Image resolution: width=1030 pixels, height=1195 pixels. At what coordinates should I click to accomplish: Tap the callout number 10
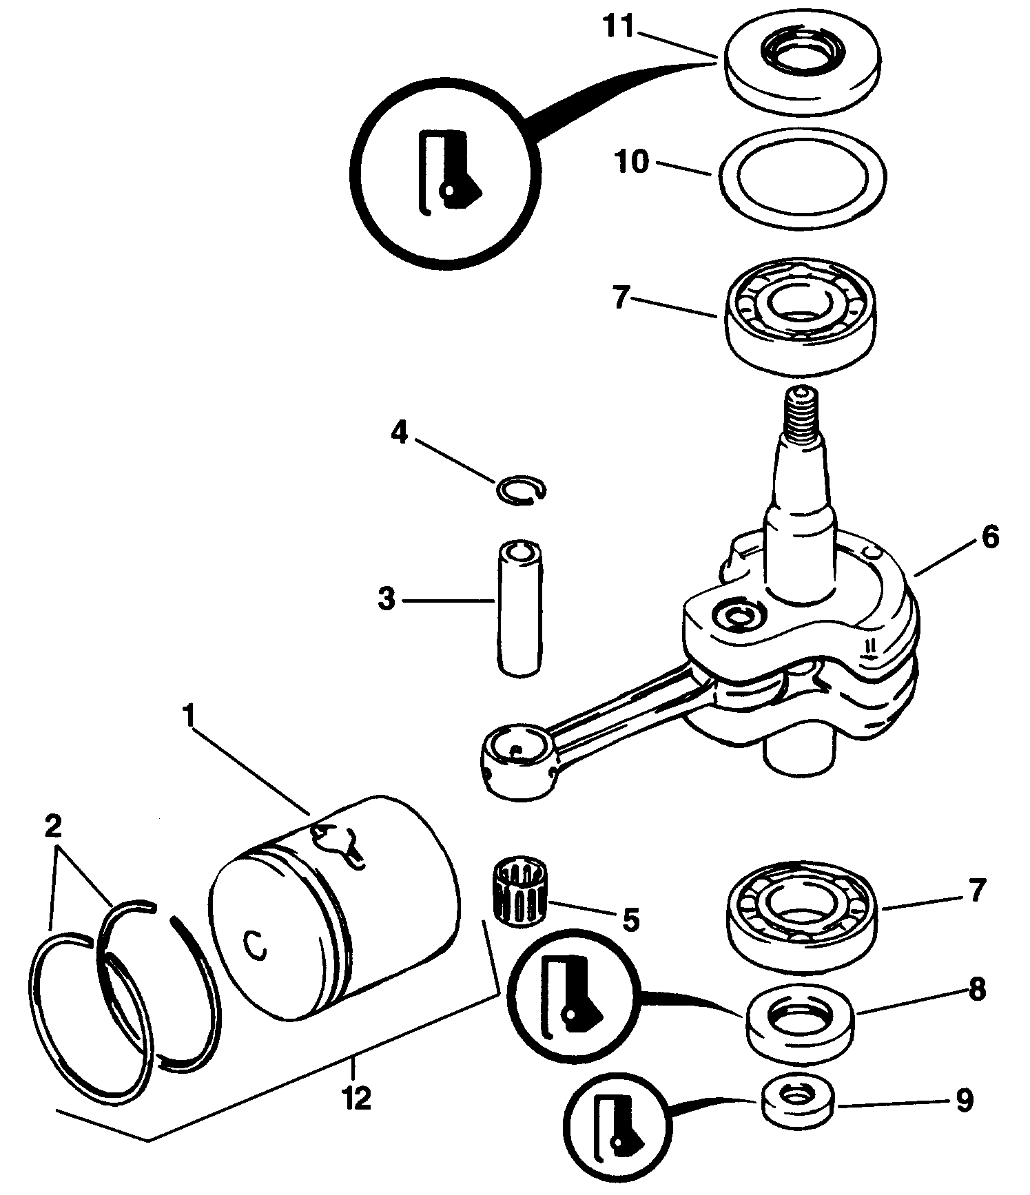(631, 163)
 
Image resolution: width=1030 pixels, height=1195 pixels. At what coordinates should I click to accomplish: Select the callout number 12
(356, 1097)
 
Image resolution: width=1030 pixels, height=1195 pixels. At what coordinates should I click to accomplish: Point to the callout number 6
(989, 537)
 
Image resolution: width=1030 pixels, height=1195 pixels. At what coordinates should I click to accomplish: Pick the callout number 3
(387, 599)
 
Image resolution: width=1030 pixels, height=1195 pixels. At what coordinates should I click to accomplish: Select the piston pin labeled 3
(518, 608)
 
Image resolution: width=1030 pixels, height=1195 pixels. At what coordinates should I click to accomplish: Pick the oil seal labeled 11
(803, 64)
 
